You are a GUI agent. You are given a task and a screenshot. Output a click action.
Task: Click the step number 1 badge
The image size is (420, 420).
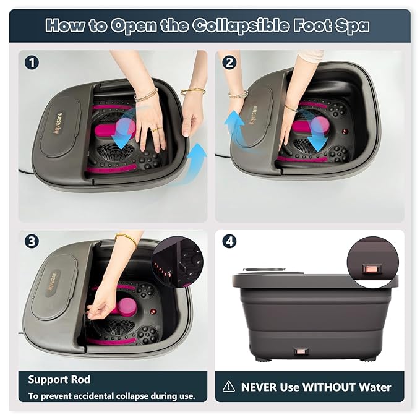[30, 62]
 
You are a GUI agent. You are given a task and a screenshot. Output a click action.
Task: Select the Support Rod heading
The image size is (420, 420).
[59, 379]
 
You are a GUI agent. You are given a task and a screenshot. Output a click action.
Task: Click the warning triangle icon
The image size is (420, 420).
[229, 387]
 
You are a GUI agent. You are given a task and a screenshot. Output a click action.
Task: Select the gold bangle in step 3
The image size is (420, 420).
[126, 238]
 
